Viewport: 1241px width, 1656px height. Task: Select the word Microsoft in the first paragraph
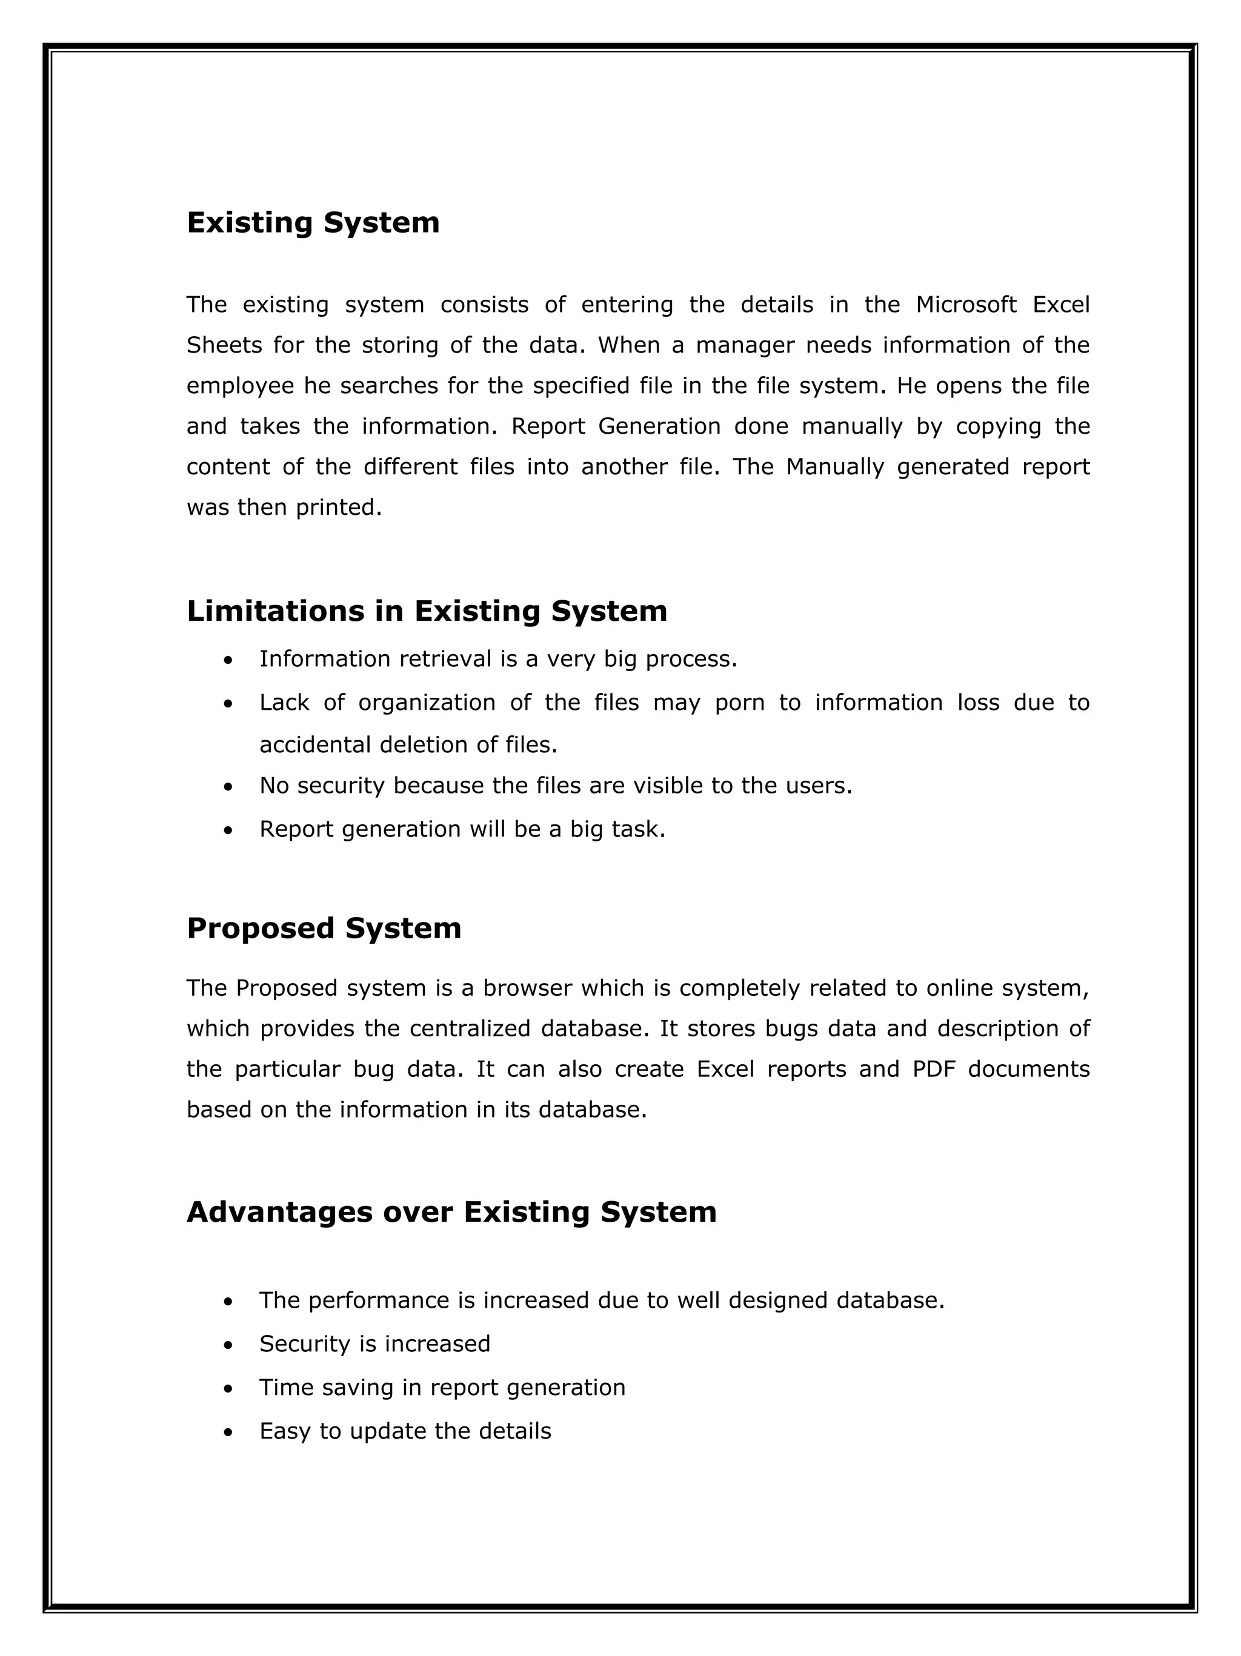[x=965, y=305]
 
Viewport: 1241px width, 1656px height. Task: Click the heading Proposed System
[x=324, y=929]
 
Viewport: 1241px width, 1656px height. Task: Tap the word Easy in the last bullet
[x=284, y=1431]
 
